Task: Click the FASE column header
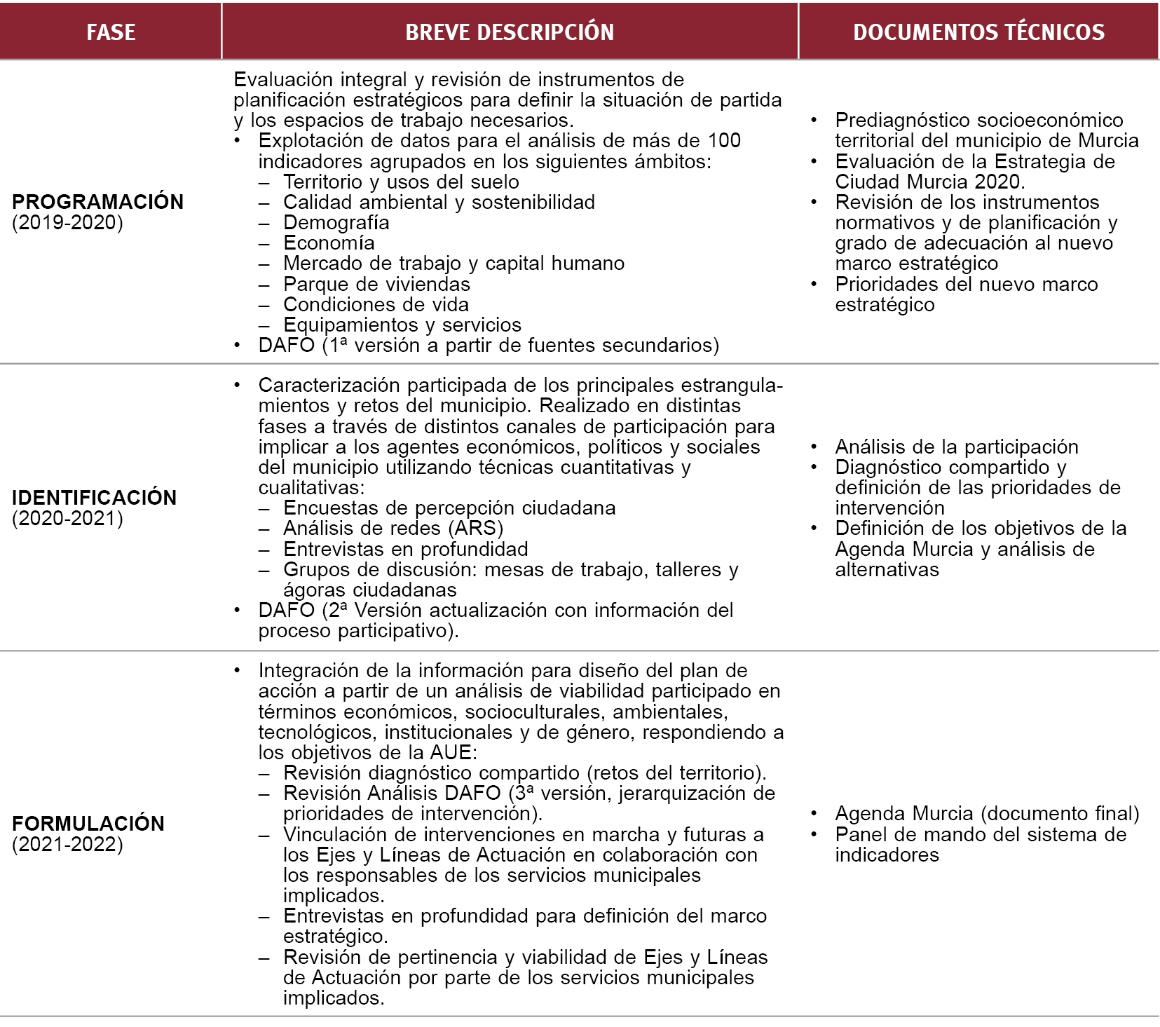point(111,32)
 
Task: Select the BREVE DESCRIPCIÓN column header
point(510,32)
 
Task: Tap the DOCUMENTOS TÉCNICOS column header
point(978,32)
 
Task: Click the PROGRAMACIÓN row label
point(97,202)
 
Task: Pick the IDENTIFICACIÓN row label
point(94,498)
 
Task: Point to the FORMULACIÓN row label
point(88,824)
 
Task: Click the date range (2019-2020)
point(67,223)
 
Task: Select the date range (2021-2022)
point(67,844)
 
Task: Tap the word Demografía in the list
point(336,223)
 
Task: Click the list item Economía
point(329,243)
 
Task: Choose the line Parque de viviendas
point(376,284)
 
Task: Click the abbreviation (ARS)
point(479,528)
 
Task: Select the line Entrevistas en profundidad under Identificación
point(405,549)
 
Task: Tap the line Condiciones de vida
point(376,305)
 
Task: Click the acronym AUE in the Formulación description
point(450,753)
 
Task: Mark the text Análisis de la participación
point(956,447)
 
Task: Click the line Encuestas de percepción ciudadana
point(449,508)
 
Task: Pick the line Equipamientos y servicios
point(402,325)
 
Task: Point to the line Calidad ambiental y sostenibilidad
point(439,203)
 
